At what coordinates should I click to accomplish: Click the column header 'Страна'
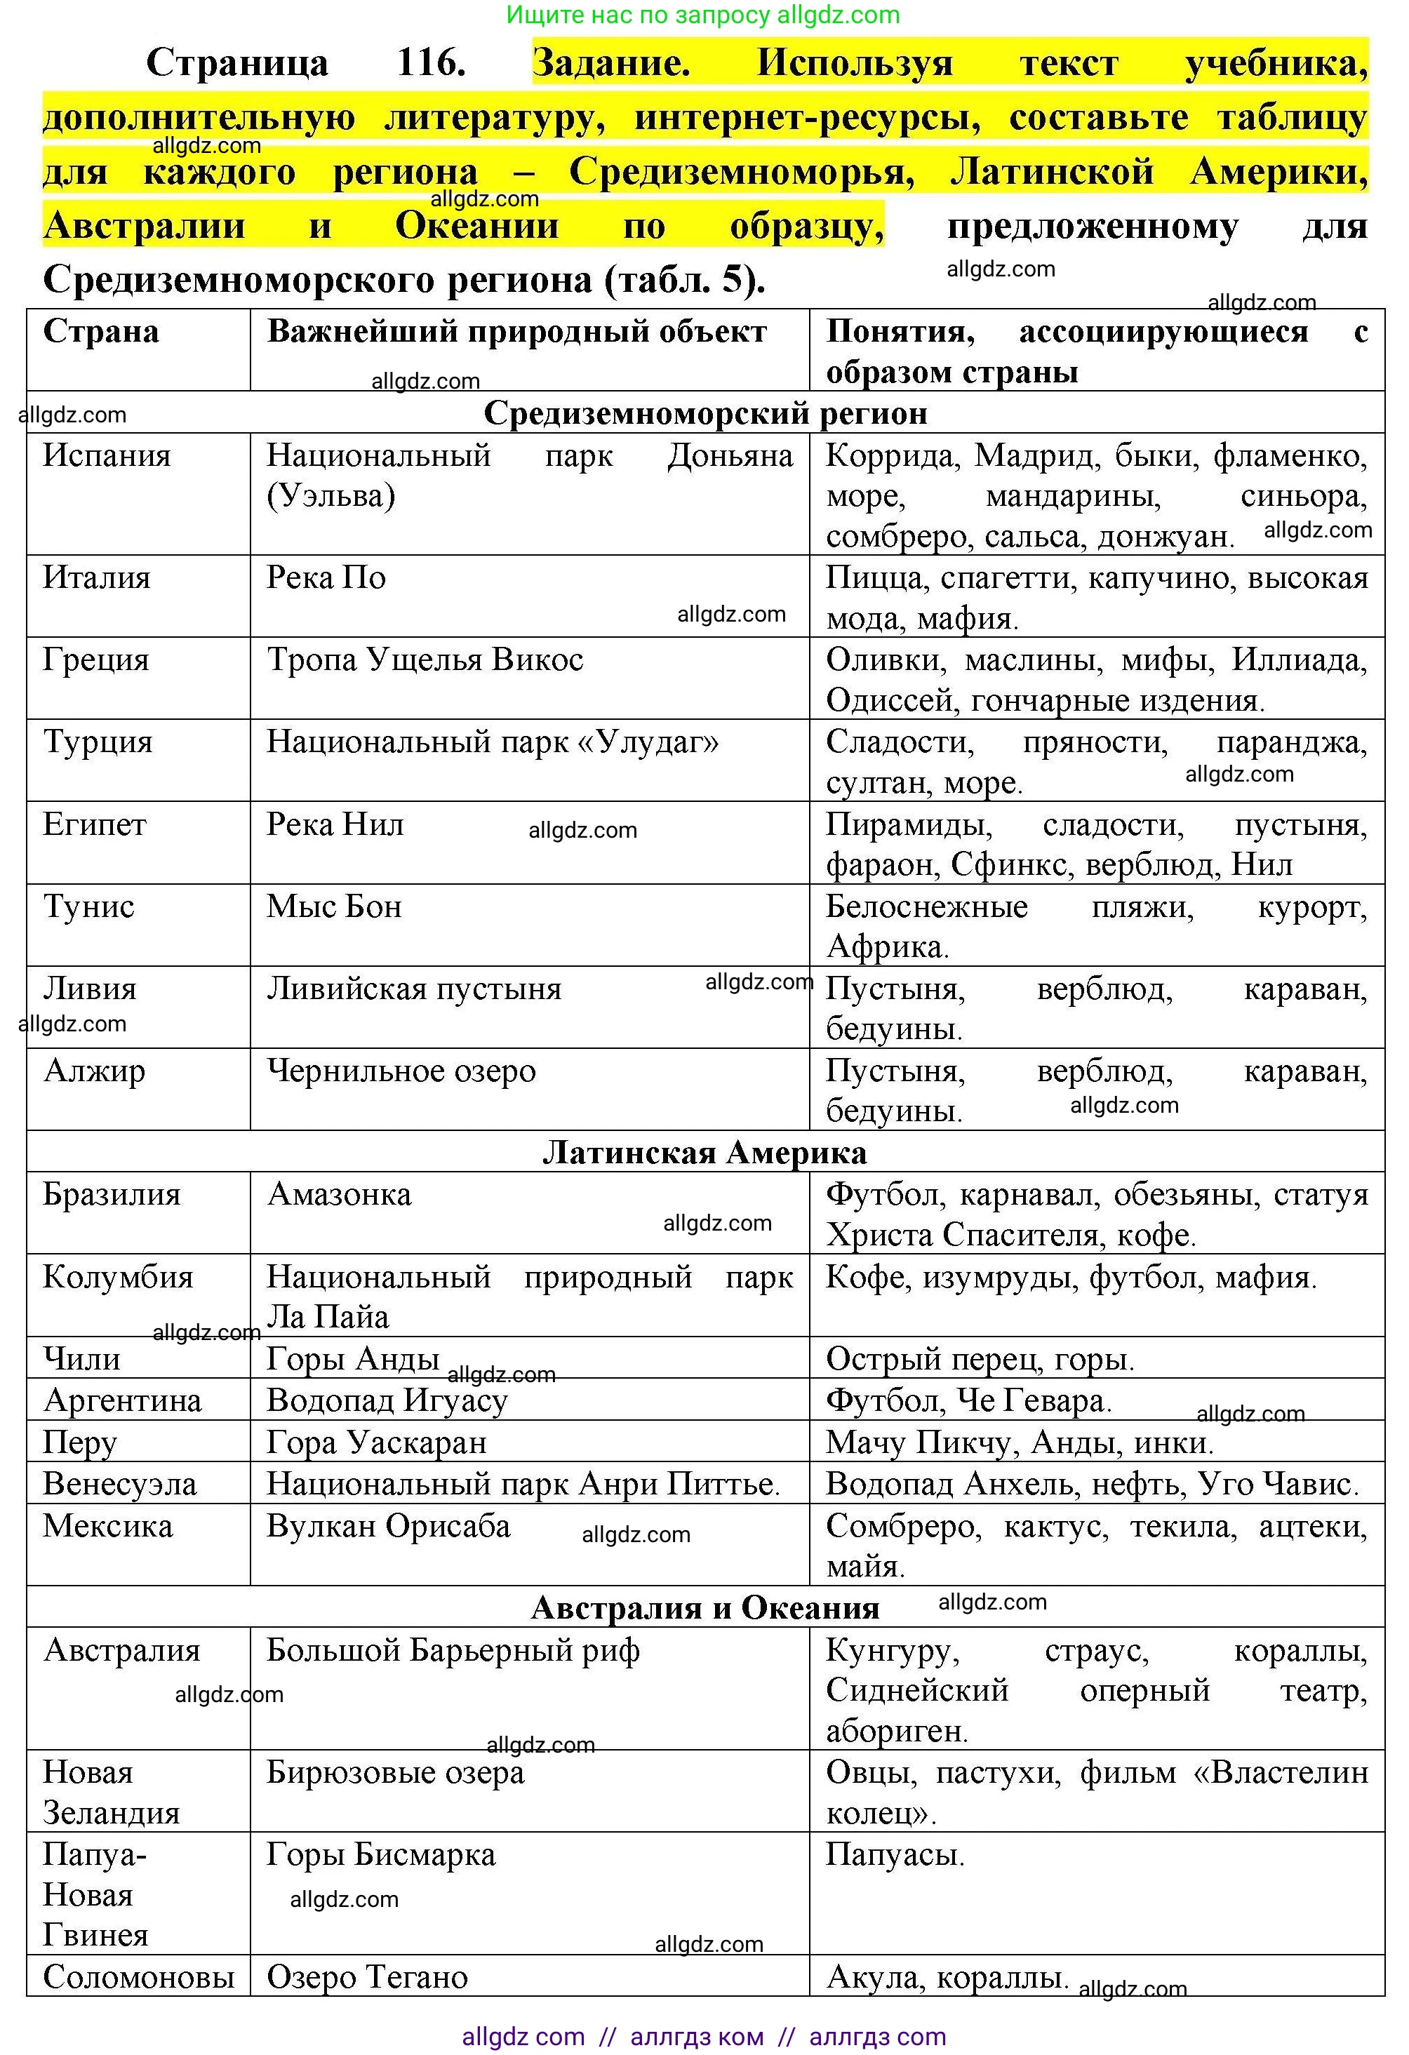point(101,332)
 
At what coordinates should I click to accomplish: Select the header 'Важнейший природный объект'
point(516,332)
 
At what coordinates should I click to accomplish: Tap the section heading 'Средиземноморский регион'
point(705,413)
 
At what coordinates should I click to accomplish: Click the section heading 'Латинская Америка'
point(705,1152)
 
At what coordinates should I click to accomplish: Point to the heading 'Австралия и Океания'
point(705,1607)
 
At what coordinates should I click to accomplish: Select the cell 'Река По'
point(326,577)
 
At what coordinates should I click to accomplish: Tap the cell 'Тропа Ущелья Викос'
point(425,660)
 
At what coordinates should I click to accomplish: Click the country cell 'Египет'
point(95,824)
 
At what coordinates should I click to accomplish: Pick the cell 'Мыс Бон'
point(334,906)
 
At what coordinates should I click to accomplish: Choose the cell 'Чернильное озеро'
point(401,1071)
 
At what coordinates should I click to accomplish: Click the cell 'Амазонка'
point(340,1195)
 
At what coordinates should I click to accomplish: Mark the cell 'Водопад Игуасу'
point(387,1400)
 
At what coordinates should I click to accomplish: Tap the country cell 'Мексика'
point(108,1526)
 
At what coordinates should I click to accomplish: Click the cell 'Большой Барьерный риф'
point(453,1650)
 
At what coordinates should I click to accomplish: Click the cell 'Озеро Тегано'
point(367,1977)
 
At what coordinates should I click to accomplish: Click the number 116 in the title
point(431,62)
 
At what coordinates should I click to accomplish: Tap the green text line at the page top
point(703,14)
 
